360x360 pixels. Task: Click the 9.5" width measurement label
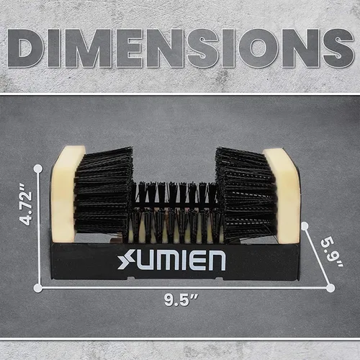point(181,300)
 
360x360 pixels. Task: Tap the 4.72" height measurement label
point(26,204)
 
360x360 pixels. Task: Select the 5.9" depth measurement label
point(332,253)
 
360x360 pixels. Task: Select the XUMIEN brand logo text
point(171,260)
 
